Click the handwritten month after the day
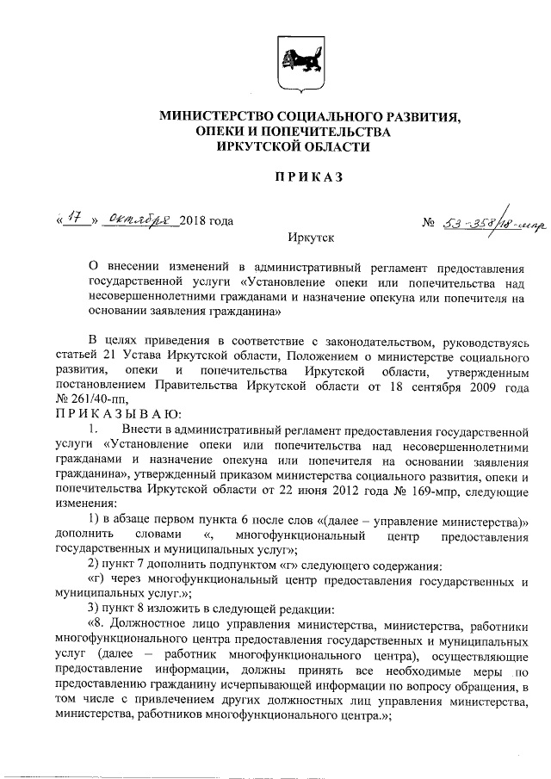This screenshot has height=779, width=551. pyautogui.click(x=139, y=221)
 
